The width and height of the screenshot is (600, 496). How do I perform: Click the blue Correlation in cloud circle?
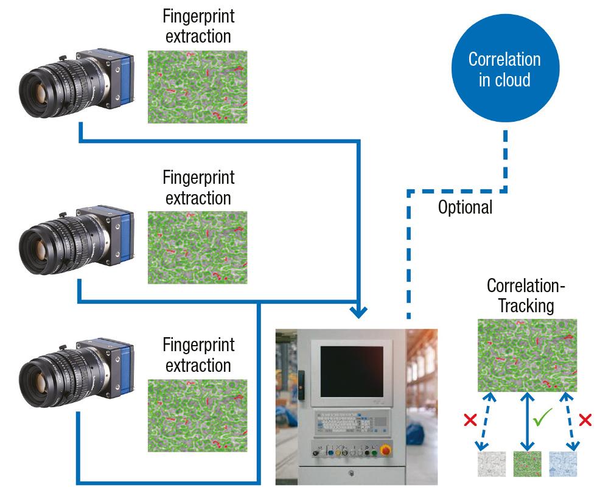point(504,69)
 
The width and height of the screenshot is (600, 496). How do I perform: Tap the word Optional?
point(465,207)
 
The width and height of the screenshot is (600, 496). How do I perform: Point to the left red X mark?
point(470,420)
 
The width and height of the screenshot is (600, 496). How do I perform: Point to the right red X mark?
point(585,419)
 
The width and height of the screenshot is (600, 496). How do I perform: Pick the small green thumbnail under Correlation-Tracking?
point(526,464)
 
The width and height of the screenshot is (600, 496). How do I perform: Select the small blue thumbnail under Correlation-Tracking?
point(563,464)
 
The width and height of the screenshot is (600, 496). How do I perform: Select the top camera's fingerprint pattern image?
point(197,86)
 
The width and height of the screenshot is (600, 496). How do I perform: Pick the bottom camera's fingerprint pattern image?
point(197,416)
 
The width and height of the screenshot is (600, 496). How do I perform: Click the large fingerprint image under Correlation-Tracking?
point(526,355)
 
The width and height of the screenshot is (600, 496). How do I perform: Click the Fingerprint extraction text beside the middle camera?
point(199,188)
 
